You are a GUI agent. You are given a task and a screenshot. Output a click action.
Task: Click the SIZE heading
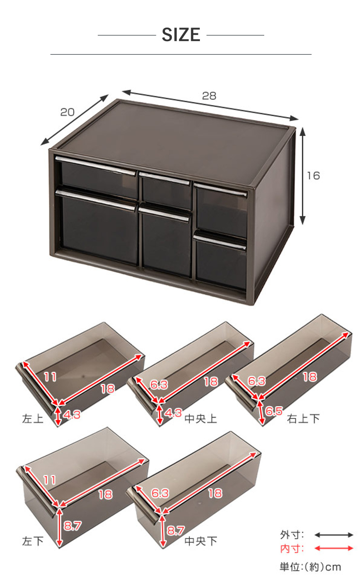point(181,35)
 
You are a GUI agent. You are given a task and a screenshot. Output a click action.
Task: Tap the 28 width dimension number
point(209,96)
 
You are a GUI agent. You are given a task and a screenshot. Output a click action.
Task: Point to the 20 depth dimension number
point(67,112)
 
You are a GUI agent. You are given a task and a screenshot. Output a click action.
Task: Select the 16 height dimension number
point(314,176)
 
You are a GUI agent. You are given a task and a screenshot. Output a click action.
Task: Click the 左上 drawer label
point(33,419)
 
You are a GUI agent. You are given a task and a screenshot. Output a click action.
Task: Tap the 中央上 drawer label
point(200,419)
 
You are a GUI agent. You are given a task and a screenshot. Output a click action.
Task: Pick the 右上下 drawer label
point(303,419)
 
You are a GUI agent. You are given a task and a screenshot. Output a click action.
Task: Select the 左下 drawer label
point(33,541)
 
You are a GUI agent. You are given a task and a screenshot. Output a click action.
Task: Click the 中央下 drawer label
point(200,541)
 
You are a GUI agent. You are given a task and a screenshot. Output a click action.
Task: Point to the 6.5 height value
point(274,411)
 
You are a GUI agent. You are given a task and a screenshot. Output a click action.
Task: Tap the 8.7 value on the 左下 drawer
point(73,526)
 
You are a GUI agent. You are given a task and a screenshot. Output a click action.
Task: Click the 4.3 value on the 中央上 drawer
point(173,413)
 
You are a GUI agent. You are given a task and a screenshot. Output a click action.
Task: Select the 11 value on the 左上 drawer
point(50,377)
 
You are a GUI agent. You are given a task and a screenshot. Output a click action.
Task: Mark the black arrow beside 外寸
point(334,535)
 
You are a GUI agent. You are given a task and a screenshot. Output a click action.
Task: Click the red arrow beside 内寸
point(334,548)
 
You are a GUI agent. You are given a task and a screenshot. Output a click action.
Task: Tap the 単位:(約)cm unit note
point(310,567)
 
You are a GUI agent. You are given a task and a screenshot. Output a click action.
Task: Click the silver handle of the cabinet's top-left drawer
point(96,166)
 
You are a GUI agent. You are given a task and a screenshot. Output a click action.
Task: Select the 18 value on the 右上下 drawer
point(310,377)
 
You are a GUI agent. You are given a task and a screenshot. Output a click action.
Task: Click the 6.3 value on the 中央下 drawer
point(160,493)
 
